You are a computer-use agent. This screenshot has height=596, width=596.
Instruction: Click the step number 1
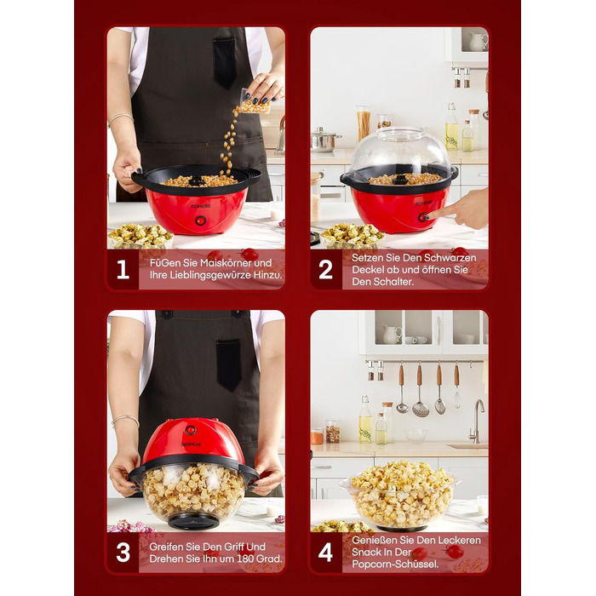(123, 269)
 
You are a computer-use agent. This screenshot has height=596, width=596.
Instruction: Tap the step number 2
(326, 269)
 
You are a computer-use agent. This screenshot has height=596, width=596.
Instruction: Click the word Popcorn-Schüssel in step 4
(395, 564)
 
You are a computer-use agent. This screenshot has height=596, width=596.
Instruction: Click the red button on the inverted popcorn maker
(191, 430)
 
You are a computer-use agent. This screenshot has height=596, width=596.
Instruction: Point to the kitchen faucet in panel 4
(477, 421)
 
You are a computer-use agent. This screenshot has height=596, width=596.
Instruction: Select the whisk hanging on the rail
(456, 385)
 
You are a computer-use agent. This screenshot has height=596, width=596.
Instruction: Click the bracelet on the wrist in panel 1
(120, 118)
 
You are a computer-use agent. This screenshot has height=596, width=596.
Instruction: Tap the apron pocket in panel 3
(229, 365)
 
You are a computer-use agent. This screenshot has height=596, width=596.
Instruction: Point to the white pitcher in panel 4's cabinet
(392, 335)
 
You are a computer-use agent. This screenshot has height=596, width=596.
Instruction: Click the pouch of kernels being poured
(255, 102)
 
